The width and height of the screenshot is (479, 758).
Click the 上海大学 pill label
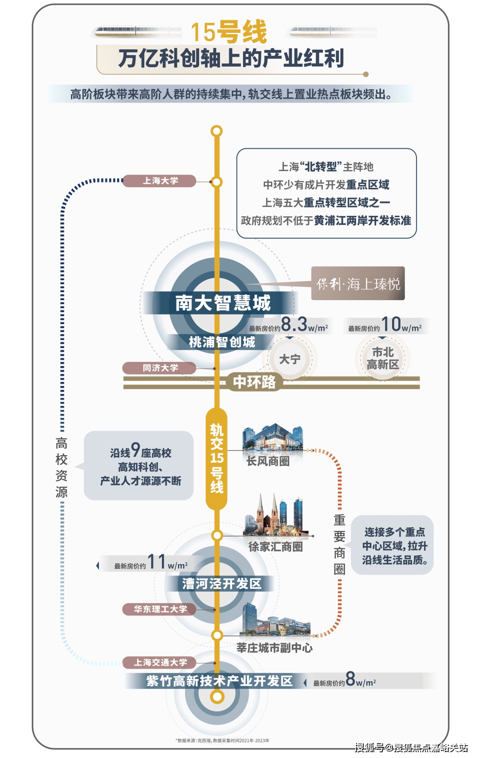pyautogui.click(x=160, y=181)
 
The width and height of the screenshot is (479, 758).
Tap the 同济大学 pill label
pyautogui.click(x=160, y=368)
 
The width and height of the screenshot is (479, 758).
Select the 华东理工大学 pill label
pyautogui.click(x=160, y=609)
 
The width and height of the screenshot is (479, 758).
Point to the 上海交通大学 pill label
pyautogui.click(x=160, y=663)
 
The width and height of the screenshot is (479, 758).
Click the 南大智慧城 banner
pyautogui.click(x=223, y=303)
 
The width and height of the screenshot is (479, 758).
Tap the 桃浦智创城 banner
pyautogui.click(x=222, y=342)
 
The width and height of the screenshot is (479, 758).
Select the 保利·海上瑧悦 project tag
pyautogui.click(x=358, y=284)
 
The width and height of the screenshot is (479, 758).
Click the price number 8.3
pyautogui.click(x=294, y=325)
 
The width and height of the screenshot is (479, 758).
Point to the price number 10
pyautogui.click(x=391, y=325)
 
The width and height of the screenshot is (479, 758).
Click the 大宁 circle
pyautogui.click(x=290, y=359)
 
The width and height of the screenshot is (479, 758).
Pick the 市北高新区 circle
pyautogui.click(x=382, y=358)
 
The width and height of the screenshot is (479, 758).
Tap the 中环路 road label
pyautogui.click(x=254, y=382)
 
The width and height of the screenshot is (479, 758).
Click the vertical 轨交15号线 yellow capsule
pyautogui.click(x=216, y=458)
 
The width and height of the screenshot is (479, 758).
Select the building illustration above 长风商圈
pyautogui.click(x=272, y=437)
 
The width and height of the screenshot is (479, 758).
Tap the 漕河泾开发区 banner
pyautogui.click(x=222, y=583)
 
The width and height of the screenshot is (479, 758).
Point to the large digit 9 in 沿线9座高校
pyautogui.click(x=135, y=450)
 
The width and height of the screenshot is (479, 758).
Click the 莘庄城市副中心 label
pyautogui.click(x=274, y=648)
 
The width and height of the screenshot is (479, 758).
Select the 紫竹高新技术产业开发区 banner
pyautogui.click(x=220, y=681)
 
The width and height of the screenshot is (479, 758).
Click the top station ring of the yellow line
pyautogui.click(x=216, y=131)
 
